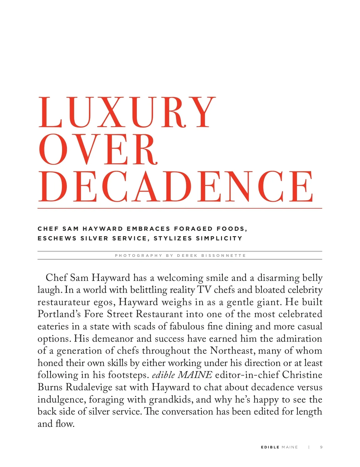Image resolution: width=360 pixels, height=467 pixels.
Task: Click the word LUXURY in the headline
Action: (127, 113)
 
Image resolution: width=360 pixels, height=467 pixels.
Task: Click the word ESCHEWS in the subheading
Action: (57, 239)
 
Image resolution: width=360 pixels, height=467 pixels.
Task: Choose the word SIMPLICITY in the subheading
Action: (219, 239)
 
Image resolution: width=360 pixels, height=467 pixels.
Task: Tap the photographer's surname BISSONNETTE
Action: (223, 256)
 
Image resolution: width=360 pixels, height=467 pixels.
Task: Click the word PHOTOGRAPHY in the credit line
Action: (139, 256)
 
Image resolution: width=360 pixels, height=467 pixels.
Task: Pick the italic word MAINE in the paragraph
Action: (195, 375)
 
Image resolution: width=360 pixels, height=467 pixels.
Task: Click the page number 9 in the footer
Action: (321, 447)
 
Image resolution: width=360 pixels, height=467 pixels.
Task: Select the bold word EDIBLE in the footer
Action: (270, 447)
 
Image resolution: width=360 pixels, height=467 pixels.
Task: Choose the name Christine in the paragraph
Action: (302, 375)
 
